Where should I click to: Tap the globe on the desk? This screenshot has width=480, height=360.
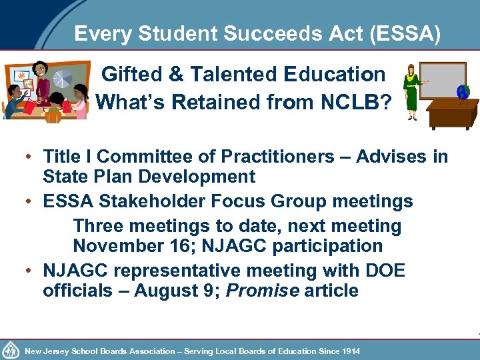pos(462,92)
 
